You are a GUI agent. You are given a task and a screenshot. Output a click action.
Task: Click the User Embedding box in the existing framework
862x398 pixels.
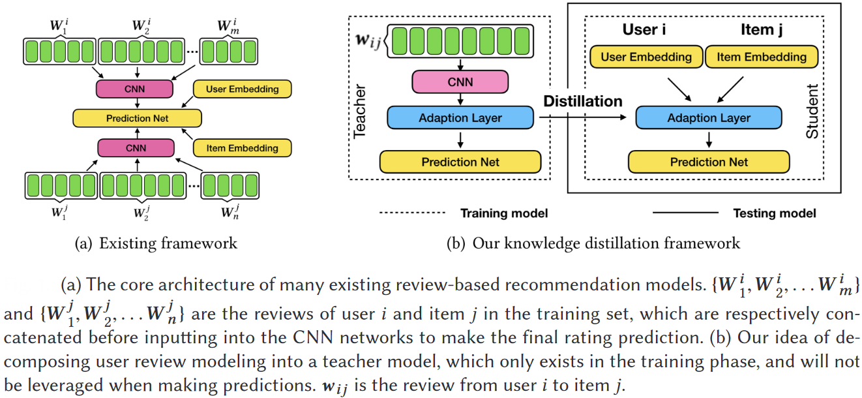coord(242,89)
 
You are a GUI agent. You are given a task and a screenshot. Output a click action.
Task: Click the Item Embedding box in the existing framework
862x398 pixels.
coord(242,148)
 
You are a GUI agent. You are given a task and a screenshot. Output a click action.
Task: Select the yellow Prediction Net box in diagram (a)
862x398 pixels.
coord(138,118)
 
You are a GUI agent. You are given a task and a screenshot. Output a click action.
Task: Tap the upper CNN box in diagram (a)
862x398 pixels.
coord(135,89)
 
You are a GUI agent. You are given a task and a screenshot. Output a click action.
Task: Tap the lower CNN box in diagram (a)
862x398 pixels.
coord(136,148)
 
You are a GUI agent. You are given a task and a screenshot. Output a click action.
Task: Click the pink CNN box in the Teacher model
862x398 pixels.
coord(460,82)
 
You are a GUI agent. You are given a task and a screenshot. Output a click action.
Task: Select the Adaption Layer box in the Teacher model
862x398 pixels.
coord(460,118)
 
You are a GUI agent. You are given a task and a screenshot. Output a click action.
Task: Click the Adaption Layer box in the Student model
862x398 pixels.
coord(708,118)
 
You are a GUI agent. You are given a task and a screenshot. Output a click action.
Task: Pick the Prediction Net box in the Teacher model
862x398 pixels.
coord(460,162)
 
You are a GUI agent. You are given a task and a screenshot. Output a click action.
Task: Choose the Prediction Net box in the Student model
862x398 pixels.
coord(709,162)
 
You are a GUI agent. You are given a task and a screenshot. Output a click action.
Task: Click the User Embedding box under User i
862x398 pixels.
coord(646,57)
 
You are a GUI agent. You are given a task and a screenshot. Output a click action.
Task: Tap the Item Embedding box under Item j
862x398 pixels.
coord(761,57)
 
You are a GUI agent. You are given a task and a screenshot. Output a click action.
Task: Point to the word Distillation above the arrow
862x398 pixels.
coord(584,101)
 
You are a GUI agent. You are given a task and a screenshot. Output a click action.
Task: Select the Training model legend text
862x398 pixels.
coord(503,213)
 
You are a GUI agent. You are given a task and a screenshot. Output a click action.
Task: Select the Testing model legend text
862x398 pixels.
coord(774,213)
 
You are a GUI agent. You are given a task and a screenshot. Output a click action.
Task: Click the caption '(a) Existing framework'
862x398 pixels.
coord(156,244)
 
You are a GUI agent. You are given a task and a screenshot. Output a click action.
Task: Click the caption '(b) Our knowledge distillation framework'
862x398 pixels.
coord(593,244)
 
